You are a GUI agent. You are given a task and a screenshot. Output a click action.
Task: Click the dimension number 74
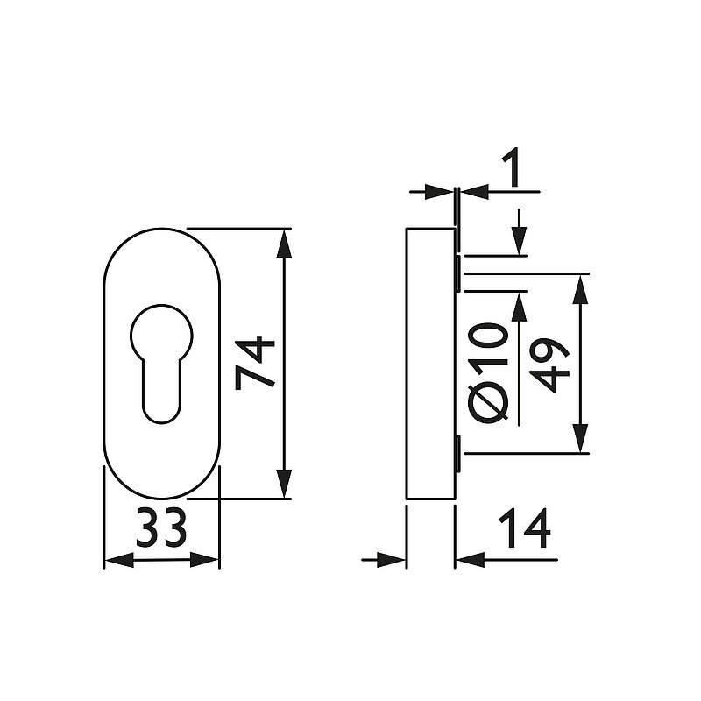pyautogui.click(x=255, y=363)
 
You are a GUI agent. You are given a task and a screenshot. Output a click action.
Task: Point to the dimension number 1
pyautogui.click(x=513, y=168)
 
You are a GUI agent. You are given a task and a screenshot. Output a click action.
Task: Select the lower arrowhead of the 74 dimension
pyautogui.click(x=284, y=484)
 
